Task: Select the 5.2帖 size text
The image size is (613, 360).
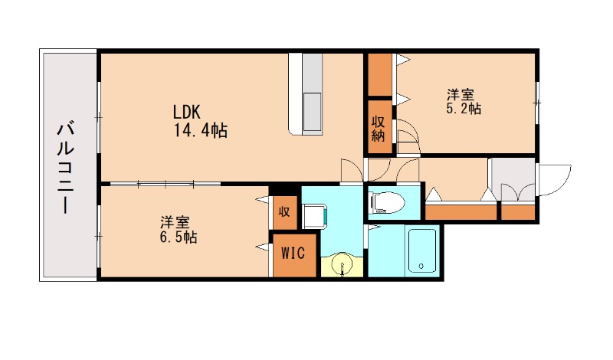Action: [464, 110]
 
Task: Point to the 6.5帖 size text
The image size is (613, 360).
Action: [179, 238]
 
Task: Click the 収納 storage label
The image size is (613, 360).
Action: [379, 128]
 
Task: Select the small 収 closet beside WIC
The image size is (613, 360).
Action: [284, 211]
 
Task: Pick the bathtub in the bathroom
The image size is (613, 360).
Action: [421, 250]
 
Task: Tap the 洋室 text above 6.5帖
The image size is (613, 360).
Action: [175, 223]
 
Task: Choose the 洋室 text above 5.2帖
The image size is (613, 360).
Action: [461, 95]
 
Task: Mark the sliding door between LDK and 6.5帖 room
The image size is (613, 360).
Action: [165, 184]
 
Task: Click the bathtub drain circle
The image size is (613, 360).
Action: [420, 267]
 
